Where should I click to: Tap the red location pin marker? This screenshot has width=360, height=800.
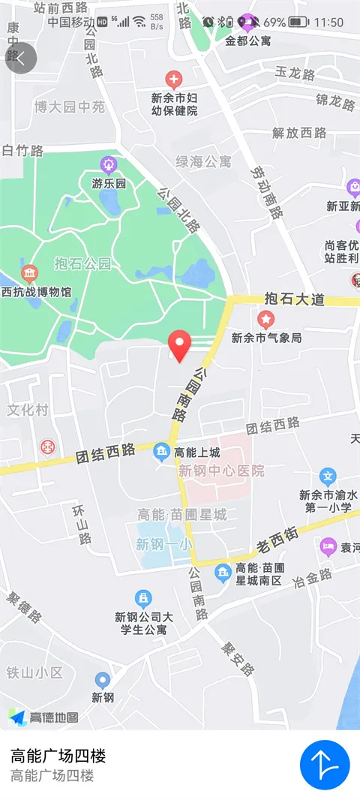(178, 345)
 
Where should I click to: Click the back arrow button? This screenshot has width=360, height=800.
(21, 59)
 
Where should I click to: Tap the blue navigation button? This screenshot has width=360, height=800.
(325, 765)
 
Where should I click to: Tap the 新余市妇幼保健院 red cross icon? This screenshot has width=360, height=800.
(173, 79)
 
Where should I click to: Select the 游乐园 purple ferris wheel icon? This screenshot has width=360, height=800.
(109, 164)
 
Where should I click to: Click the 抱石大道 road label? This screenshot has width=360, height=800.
(295, 299)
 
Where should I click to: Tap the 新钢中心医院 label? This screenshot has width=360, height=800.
(221, 471)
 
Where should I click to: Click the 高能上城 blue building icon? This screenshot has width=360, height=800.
(161, 451)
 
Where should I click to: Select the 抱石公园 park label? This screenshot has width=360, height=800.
(82, 263)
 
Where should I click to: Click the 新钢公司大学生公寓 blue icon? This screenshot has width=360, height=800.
(142, 598)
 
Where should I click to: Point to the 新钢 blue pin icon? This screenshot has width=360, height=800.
(103, 680)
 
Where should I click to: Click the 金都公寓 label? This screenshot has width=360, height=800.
(248, 41)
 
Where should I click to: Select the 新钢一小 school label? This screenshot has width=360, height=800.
(163, 546)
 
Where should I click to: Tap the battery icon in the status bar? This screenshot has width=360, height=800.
(298, 23)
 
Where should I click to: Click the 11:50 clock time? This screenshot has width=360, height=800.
(329, 23)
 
